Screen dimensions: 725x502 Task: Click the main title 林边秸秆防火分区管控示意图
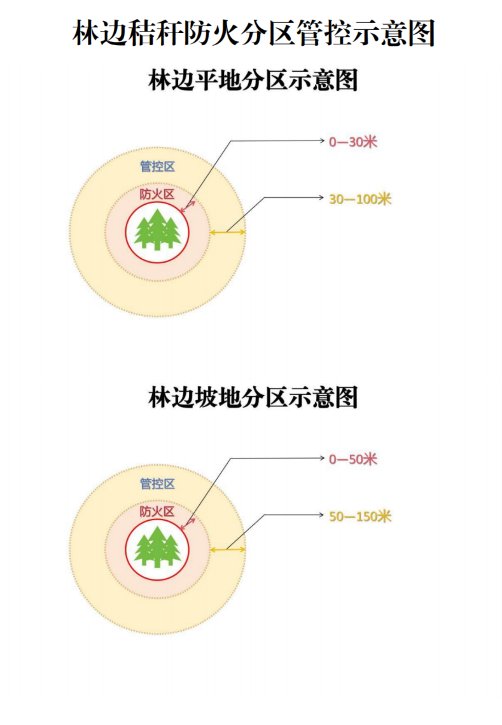(x=253, y=33)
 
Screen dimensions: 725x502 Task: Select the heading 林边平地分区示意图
(x=253, y=80)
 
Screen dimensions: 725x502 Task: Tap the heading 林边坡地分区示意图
(x=253, y=398)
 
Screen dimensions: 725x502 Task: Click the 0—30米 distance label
(x=352, y=142)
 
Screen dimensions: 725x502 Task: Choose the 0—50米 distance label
(x=352, y=459)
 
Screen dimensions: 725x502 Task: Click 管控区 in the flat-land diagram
(x=157, y=167)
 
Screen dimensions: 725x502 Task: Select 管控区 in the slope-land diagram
(x=157, y=484)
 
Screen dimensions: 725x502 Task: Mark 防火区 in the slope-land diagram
(x=157, y=512)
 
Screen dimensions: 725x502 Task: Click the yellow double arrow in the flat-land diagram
(x=227, y=232)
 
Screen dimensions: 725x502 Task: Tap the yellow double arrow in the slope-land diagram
(x=227, y=549)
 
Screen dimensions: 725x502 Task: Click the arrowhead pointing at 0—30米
(x=322, y=140)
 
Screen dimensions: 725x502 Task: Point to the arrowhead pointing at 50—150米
(x=321, y=515)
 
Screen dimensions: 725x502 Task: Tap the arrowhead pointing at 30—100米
(x=321, y=197)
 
